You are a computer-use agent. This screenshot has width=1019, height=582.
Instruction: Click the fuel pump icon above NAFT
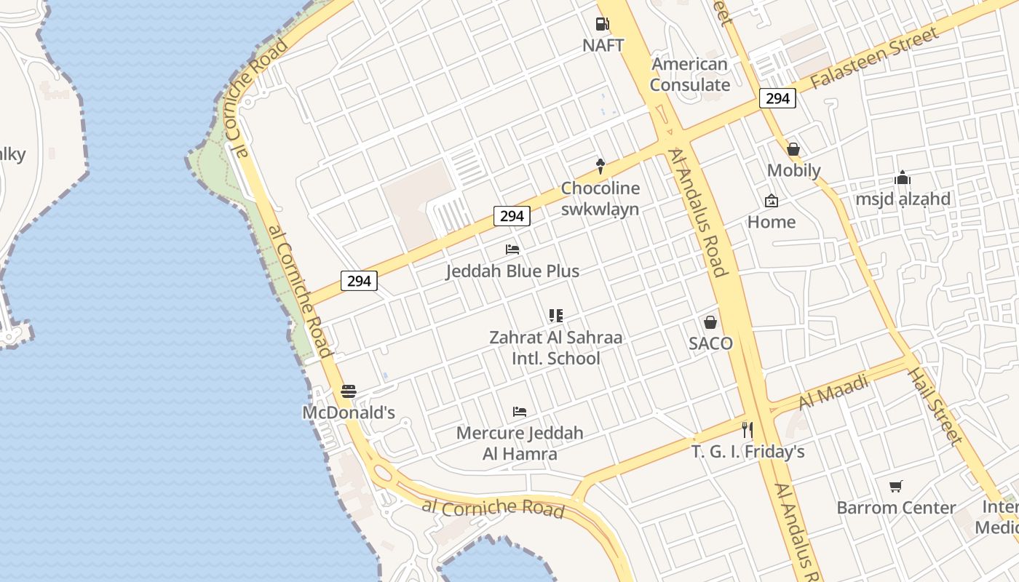602,24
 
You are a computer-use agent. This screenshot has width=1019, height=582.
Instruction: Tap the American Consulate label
689,74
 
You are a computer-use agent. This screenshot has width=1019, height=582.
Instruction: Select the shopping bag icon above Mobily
793,149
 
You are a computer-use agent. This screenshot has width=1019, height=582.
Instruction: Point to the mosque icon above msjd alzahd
903,178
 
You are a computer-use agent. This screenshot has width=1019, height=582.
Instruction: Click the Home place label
772,222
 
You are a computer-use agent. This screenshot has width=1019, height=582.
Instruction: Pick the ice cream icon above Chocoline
600,166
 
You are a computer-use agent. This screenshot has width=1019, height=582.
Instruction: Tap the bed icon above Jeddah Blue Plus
512,250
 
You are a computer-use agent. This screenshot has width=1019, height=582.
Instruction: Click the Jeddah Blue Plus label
512,271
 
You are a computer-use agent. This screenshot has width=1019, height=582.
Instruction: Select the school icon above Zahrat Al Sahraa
556,316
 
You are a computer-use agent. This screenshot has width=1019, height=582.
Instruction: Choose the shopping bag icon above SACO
710,322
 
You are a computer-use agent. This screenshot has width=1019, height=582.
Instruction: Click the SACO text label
710,343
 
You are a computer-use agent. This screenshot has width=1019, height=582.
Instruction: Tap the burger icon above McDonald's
349,391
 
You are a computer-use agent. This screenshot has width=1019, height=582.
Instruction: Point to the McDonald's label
349,412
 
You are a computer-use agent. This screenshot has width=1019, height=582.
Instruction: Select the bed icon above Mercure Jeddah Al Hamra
520,412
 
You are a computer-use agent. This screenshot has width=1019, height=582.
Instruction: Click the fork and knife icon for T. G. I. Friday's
747,430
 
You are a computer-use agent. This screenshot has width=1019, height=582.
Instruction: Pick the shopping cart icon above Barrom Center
896,486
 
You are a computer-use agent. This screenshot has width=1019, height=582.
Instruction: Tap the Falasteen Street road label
874,57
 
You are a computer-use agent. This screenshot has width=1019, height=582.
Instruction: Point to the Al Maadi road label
834,391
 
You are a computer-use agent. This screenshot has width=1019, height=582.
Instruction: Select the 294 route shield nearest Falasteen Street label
777,98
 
